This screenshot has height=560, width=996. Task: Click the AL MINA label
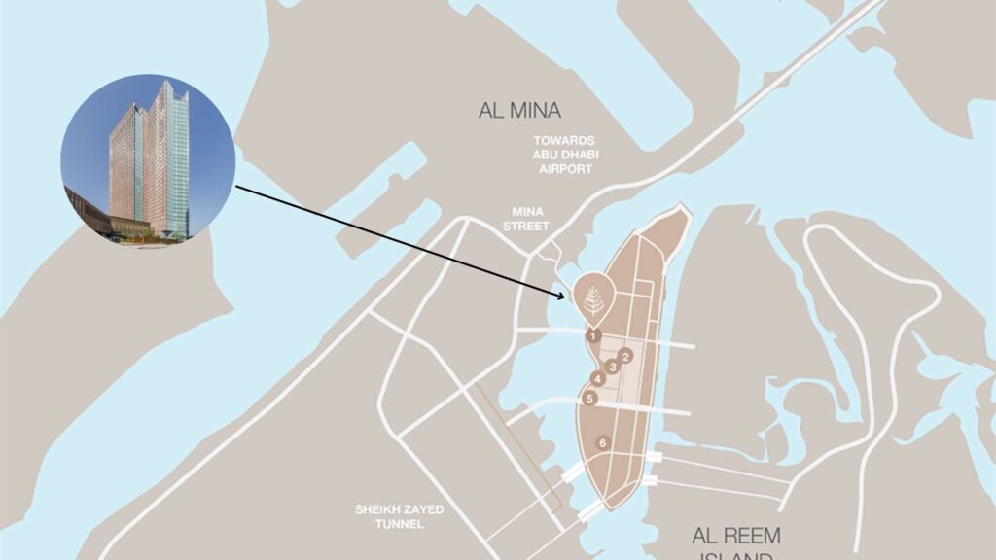point(519,110)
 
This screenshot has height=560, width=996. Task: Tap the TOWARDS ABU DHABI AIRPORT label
point(564,155)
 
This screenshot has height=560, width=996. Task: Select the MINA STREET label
point(531,219)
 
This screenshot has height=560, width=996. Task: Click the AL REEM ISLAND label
point(735,544)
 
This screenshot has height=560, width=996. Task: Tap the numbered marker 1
point(592,334)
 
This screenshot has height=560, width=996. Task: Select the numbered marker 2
point(626,356)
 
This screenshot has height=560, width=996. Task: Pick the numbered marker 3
point(612,367)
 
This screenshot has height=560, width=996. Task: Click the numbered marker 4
point(597,378)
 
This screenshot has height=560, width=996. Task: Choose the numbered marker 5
point(589,398)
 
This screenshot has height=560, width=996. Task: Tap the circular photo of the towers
point(147,158)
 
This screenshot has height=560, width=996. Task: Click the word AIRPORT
point(565,169)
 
